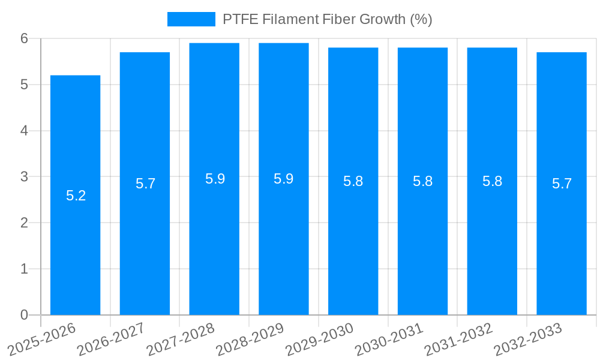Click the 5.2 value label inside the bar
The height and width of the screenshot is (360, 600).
76,196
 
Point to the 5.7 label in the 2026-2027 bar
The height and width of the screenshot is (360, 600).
146,184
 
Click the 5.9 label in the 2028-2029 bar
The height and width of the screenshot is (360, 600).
284,179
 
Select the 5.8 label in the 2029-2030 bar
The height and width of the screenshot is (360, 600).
353,181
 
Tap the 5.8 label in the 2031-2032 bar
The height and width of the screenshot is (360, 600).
493,181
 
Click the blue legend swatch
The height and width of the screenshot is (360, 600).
191,19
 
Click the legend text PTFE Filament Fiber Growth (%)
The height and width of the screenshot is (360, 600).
328,19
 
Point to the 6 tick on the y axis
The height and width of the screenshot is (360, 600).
25,38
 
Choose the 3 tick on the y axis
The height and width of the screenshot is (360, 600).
25,176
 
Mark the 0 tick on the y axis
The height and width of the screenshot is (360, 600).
25,315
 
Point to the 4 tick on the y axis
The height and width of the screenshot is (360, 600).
25,131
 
